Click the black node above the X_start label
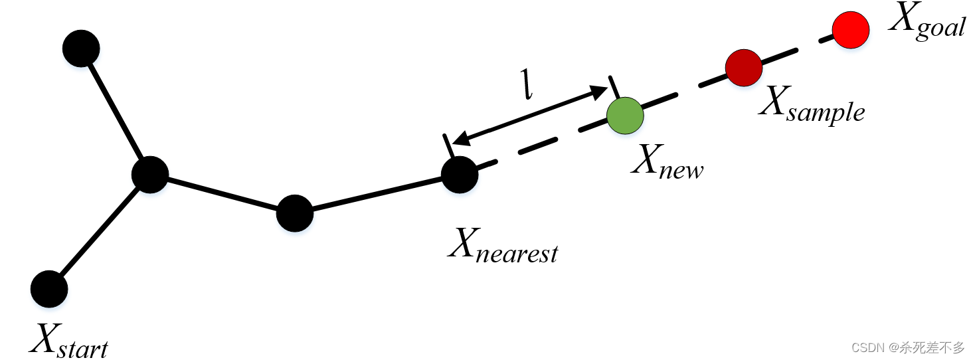49,289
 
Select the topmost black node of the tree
81,48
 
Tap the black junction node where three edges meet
150,175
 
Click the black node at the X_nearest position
460,175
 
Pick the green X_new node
625,115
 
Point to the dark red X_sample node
743,67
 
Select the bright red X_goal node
851,30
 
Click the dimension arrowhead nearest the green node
601,91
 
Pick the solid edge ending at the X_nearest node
377,195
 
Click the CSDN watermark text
907,347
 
